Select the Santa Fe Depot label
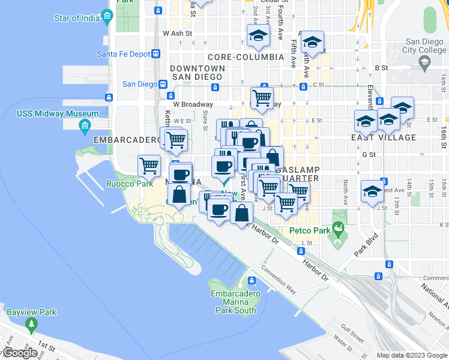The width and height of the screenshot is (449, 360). [123, 53]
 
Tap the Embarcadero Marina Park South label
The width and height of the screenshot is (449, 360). [236, 302]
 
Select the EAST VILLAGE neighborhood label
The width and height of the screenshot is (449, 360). [388, 137]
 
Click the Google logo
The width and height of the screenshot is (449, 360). [20, 353]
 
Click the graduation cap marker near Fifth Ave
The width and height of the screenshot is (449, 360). [312, 41]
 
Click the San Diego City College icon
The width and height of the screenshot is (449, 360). [424, 62]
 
